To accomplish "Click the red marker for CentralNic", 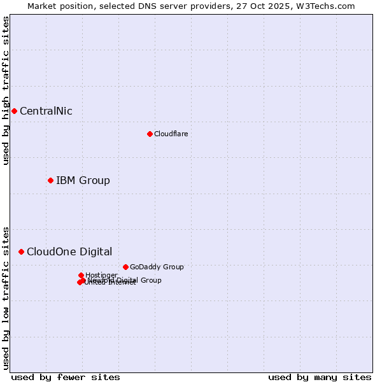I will pos(14,111).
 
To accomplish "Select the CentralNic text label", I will pos(46,111).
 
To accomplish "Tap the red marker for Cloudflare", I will pos(150,134).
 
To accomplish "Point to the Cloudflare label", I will pos(171,134).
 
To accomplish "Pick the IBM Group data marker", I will pos(50,180).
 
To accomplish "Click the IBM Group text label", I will pos(83,181).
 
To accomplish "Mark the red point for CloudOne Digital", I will pos(21,251).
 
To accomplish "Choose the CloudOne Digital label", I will pos(69,252).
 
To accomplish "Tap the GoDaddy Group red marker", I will pos(125,267).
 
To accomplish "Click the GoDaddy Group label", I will pos(157,267).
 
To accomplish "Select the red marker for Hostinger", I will pos(81,275).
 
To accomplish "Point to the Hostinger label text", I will pos(101,275).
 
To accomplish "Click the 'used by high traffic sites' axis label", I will pos(6,90).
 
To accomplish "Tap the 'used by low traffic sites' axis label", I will pos(6,297).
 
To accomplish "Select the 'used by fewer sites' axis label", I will pos(66,377).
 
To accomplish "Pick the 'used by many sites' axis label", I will pos(320,377).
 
